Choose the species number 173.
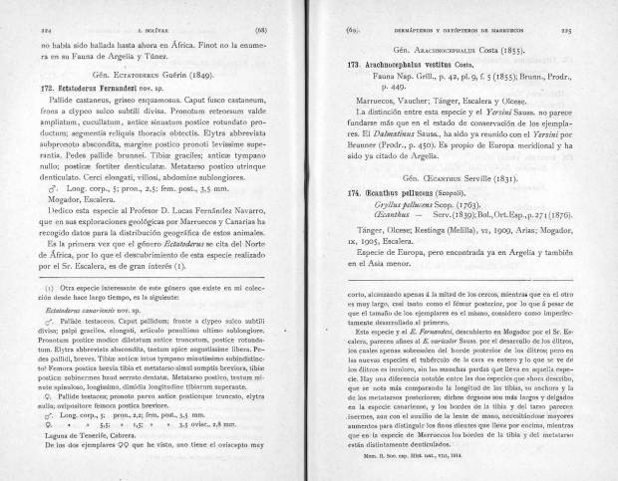tap(340, 62)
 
